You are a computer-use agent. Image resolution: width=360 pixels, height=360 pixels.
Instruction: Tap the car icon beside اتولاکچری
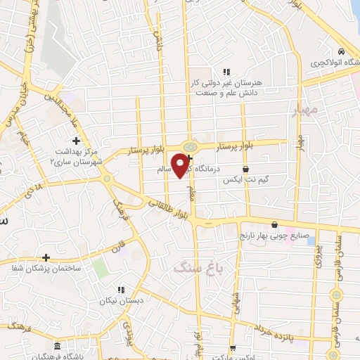[341, 51]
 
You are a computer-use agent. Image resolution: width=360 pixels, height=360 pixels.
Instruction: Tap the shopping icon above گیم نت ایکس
[245, 169]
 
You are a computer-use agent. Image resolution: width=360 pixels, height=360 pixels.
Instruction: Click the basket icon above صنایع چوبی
[284, 225]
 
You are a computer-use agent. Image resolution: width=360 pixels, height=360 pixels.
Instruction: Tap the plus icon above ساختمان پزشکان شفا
[46, 257]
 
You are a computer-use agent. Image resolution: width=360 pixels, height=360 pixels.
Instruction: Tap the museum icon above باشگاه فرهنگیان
[56, 347]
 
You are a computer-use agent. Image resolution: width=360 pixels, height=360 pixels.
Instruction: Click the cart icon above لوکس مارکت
[233, 347]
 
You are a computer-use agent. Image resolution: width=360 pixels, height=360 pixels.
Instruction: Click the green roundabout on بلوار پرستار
[188, 146]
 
